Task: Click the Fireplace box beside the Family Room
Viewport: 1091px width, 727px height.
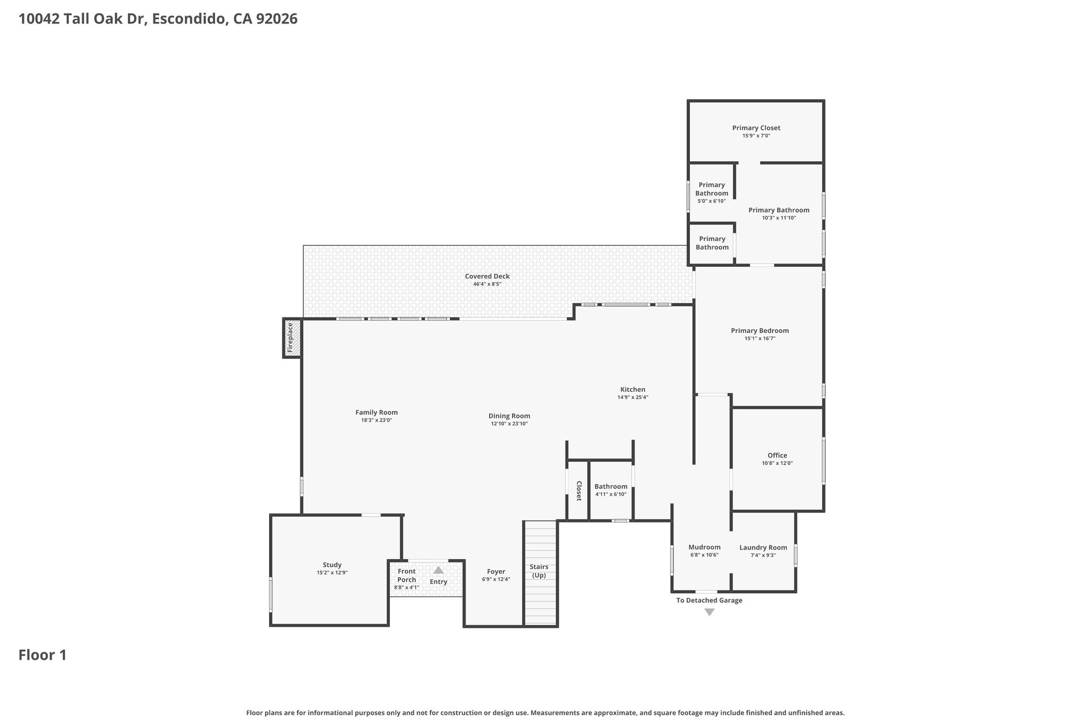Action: coord(292,338)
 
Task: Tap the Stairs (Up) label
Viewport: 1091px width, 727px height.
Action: coord(539,571)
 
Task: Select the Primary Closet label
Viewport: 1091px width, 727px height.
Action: coord(756,128)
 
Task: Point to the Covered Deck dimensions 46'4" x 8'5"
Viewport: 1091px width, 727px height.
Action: coord(487,284)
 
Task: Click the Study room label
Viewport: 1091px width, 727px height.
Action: coord(332,565)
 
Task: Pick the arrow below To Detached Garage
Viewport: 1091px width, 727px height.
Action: coord(709,612)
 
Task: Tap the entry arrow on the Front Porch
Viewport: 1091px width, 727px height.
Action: coord(438,570)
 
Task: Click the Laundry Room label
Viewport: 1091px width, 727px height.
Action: coord(763,548)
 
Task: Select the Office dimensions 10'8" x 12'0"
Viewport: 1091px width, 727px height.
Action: coord(777,463)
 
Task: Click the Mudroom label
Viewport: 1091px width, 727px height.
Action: coord(704,547)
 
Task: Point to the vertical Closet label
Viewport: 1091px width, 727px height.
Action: coord(579,491)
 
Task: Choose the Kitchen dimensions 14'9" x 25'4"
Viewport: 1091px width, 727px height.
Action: coord(633,397)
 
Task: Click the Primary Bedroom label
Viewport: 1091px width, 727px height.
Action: coord(760,331)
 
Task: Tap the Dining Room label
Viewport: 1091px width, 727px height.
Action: coord(509,416)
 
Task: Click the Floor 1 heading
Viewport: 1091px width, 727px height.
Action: coord(43,655)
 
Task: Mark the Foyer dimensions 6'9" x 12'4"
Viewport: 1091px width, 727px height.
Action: coord(496,579)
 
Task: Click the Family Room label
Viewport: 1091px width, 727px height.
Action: coord(377,412)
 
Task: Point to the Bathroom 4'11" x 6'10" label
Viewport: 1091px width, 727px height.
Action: coord(611,490)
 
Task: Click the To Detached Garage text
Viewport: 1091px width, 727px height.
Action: coord(709,600)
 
